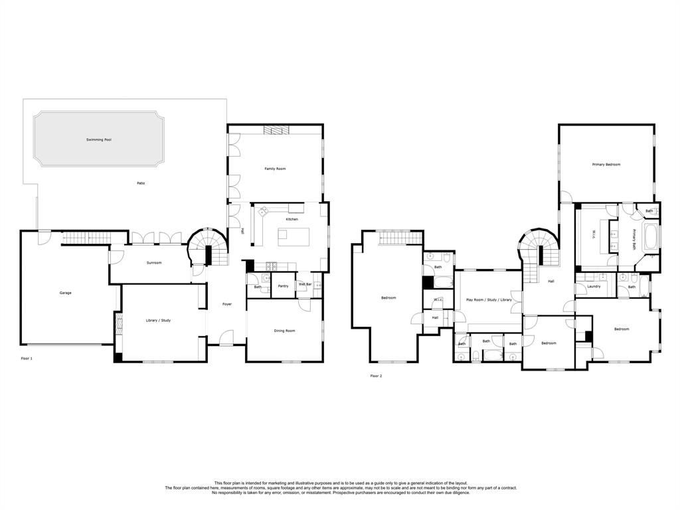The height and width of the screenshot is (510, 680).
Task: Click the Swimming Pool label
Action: coord(99,139)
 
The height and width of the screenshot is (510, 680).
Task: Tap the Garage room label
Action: coord(66,293)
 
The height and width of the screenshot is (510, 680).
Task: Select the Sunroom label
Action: coord(154,262)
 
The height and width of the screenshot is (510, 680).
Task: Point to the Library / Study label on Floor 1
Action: coord(158,321)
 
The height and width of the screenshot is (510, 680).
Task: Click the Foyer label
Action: coord(227,304)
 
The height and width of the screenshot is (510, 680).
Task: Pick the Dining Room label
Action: coord(284,331)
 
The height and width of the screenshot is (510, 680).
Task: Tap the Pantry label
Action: coord(283,286)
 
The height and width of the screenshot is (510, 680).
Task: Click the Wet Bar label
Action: coord(305,284)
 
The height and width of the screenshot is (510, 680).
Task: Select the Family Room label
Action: coord(275,168)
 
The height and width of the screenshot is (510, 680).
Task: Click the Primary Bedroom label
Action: coord(606,165)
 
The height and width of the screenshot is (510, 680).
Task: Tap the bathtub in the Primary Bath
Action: coord(651,237)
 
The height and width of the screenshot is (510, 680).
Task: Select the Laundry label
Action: coord(594,286)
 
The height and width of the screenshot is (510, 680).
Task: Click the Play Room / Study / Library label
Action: coord(489,299)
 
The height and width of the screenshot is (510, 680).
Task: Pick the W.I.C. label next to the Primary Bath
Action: coord(594,234)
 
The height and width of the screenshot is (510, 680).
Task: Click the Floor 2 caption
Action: coord(376,376)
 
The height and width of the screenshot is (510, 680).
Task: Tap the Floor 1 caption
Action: coord(27,358)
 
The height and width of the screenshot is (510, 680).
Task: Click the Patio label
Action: coord(141,183)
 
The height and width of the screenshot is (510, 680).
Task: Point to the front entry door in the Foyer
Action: coord(226,339)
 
